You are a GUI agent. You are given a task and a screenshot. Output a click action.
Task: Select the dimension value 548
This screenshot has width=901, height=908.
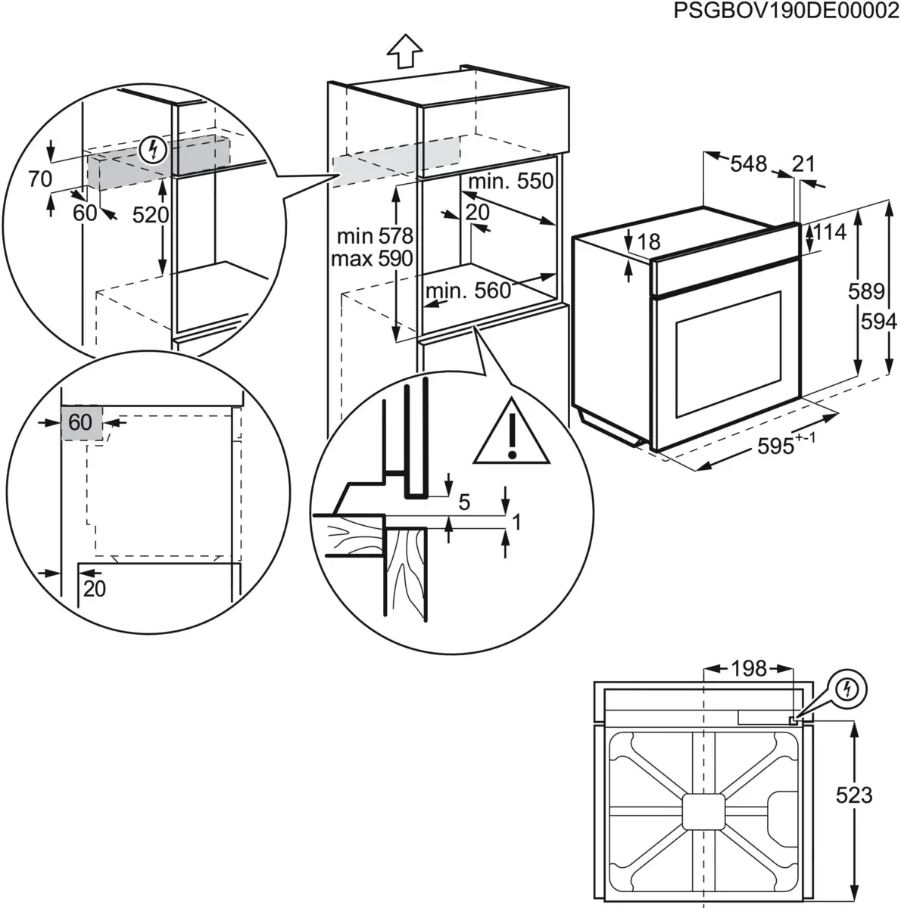pos(749,163)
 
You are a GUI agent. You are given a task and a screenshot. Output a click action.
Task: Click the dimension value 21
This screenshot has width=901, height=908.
pos(803,163)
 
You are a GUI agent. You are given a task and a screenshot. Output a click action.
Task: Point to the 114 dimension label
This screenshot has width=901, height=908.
pos(829,232)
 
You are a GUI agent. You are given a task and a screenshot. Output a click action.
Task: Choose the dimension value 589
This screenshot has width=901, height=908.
pos(866,291)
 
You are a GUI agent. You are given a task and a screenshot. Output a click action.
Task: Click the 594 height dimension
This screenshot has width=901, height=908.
pos(878,322)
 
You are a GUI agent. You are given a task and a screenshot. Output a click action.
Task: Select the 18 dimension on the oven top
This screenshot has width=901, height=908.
pos(649,241)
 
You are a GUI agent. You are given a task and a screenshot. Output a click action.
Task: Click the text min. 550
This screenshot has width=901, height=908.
pos(510,182)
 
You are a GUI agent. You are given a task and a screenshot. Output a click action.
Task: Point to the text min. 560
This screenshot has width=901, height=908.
pos(468,291)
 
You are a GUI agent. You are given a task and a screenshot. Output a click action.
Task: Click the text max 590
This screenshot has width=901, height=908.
pos(372,259)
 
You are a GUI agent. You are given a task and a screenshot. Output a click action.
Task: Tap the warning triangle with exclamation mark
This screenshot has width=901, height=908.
pos(512,437)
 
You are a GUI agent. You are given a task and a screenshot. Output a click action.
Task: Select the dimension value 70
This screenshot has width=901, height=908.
pos(39,179)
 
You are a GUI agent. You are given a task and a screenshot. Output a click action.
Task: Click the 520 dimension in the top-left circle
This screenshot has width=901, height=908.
pos(150,216)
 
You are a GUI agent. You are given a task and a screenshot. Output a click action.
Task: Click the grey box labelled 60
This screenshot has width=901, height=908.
pos(81,422)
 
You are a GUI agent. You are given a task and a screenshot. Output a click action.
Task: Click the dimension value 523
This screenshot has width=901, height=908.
pos(853,794)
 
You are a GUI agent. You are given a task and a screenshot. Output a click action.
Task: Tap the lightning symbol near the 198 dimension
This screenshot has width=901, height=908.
pos(849,689)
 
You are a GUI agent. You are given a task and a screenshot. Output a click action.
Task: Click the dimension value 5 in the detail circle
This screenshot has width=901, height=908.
pos(464,501)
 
